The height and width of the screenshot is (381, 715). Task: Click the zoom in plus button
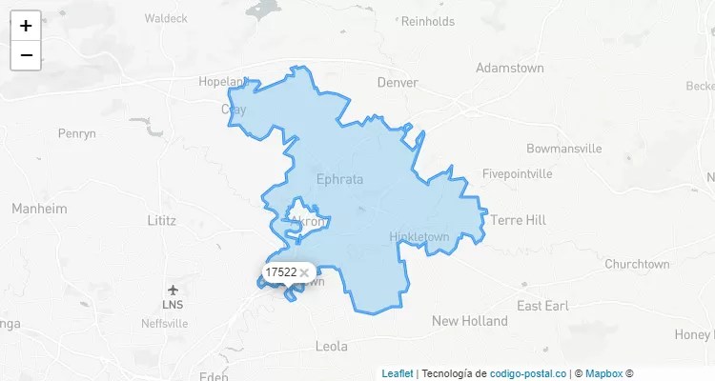pos(26,26)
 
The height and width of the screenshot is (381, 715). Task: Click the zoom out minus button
pos(26,55)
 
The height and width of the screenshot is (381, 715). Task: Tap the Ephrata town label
pos(339,178)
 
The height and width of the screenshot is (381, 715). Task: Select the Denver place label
pos(398,83)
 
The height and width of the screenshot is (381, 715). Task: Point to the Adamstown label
pos(509,69)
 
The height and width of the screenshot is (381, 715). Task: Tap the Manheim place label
pos(39,208)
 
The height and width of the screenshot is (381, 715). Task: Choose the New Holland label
pos(470,321)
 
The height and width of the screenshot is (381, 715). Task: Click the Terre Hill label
pos(519,220)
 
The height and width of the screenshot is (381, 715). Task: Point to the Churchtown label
pos(637,264)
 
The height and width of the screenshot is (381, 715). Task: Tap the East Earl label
pos(542,306)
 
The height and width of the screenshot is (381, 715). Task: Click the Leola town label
pos(331,346)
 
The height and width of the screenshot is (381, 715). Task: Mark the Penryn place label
pos(77,133)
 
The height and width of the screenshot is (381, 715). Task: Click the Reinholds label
pos(428,21)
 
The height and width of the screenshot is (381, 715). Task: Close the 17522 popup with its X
pos(304,272)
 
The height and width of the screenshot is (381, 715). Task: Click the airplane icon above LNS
pos(173,290)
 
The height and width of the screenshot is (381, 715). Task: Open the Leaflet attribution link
pos(398,373)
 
